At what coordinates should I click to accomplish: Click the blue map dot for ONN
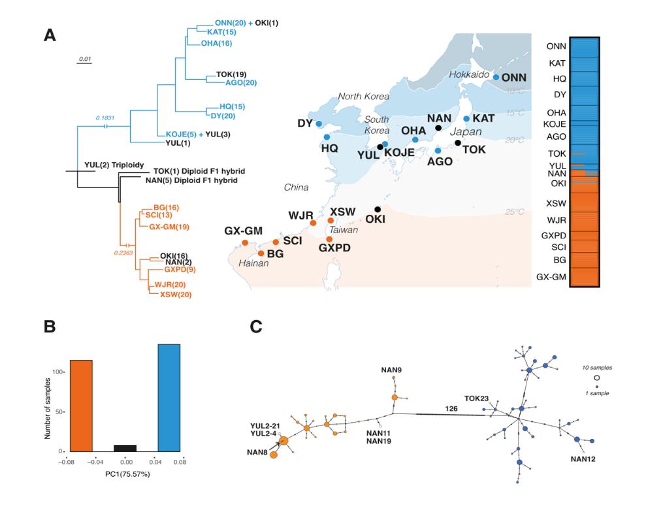point(496,77)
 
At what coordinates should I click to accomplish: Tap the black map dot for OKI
point(378,209)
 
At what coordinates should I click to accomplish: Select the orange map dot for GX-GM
point(245,243)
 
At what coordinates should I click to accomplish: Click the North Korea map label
point(363,97)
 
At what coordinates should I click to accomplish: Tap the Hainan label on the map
point(244,264)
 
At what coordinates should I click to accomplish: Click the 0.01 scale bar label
point(85,59)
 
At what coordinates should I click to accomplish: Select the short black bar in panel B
point(125,448)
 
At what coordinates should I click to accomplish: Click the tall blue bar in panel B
point(169,398)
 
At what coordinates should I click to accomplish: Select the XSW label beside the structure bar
point(557,203)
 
